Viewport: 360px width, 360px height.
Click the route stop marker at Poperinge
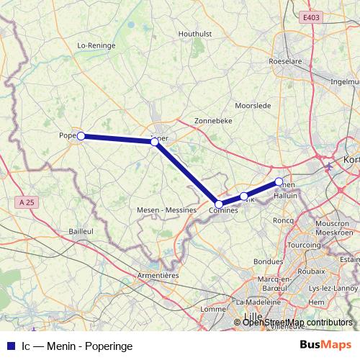click(x=81, y=135)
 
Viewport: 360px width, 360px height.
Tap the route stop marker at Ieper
click(x=155, y=142)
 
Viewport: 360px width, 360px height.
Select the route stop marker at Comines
click(x=219, y=204)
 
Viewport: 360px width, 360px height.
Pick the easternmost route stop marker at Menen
click(x=279, y=181)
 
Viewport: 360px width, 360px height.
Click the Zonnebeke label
click(x=213, y=121)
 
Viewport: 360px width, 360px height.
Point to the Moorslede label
click(x=253, y=105)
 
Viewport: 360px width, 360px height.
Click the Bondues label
click(x=268, y=261)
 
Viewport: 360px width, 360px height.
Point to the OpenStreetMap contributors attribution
click(x=298, y=323)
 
